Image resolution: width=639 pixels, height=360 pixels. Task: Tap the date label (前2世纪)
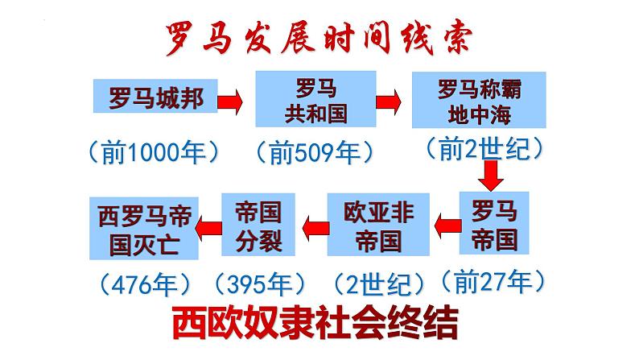point(481,147)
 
